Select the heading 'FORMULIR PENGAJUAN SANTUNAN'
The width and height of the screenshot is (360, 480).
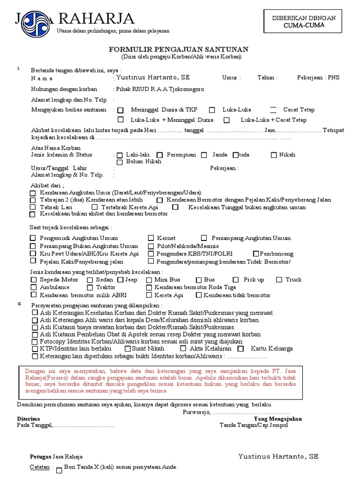coord(179,49)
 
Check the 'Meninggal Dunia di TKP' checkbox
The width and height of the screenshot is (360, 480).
coord(120,110)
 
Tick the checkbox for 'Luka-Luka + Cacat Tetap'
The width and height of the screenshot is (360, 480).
coord(226,120)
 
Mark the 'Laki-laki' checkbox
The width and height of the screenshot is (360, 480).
coord(120,155)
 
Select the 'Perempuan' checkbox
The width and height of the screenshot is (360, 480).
coord(159,155)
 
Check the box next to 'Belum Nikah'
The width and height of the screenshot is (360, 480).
coord(120,162)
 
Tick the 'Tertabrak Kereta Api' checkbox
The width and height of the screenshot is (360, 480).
coord(95,207)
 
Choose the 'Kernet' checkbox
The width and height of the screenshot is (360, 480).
coord(151,239)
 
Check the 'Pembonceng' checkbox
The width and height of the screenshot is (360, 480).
coord(256,254)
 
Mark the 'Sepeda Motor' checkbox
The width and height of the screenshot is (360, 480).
coord(33,280)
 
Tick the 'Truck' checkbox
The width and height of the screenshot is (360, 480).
coord(279,280)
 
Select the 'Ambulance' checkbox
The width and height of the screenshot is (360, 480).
coord(33,287)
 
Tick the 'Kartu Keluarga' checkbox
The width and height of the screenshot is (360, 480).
coord(240,349)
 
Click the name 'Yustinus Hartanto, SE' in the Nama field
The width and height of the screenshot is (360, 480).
coord(153,77)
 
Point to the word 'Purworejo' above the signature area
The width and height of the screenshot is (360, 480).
coord(196,412)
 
